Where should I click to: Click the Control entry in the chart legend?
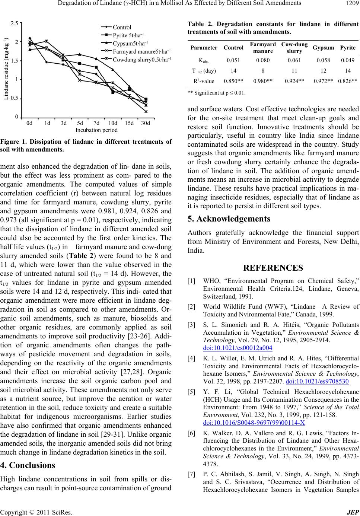122,27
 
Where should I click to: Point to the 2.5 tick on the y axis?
15,23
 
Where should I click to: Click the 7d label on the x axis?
96,123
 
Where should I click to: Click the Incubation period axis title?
96,130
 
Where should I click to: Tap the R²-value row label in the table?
204,80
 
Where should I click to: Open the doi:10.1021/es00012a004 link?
238,348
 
